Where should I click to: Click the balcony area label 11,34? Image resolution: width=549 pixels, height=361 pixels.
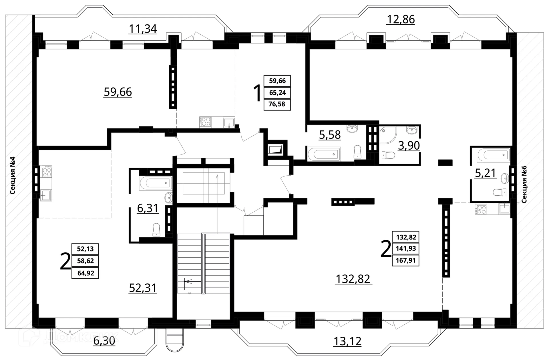point(143,29)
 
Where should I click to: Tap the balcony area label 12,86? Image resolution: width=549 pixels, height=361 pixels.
point(400,19)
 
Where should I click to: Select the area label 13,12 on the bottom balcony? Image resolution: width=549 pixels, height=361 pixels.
point(347,341)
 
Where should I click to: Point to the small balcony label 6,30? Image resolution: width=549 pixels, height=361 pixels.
point(104,341)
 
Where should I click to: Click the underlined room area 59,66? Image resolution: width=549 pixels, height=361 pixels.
point(118,92)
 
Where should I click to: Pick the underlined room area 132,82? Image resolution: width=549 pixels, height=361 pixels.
point(353,279)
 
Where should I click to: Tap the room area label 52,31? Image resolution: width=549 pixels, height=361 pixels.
point(143,288)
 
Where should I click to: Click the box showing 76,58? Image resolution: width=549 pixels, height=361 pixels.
point(277,104)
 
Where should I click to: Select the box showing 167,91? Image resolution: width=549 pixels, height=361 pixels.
point(405,261)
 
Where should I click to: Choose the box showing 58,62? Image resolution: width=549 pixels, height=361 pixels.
point(85,261)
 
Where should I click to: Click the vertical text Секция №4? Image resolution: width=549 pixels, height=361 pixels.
point(13,175)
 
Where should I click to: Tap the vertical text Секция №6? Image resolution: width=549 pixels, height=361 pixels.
point(524,184)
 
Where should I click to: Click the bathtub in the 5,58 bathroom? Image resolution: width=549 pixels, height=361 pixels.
point(324,154)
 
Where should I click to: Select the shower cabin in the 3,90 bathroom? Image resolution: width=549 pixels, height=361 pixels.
point(387,135)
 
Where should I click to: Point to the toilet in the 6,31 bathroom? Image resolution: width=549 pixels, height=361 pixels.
point(156,230)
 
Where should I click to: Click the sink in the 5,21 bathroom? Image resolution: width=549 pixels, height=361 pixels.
point(505,178)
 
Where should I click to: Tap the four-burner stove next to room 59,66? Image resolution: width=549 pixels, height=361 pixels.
point(205,122)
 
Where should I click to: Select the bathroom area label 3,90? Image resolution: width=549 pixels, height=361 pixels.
point(409,146)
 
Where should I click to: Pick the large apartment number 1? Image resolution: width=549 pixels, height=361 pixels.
point(257,93)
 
